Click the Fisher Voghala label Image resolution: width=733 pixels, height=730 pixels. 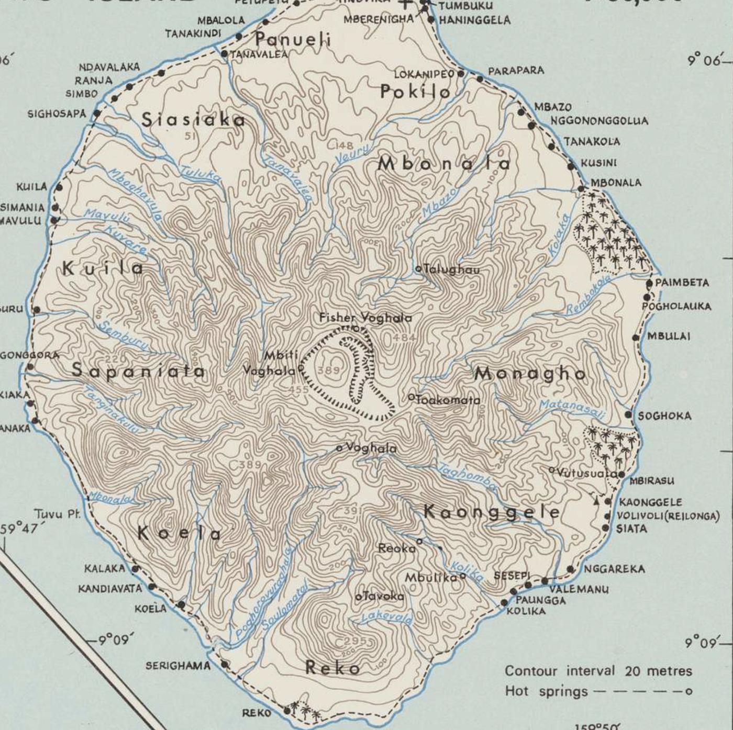pyautogui.click(x=365, y=318)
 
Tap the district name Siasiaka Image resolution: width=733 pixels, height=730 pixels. pyautogui.click(x=194, y=120)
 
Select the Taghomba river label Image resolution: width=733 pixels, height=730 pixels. pyautogui.click(x=467, y=477)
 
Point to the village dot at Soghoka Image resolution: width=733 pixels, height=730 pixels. pyautogui.click(x=629, y=414)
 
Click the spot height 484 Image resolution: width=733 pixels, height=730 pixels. pyautogui.click(x=404, y=338)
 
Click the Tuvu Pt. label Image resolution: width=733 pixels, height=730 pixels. pyautogui.click(x=57, y=514)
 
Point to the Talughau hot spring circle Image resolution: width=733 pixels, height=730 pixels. pyautogui.click(x=419, y=269)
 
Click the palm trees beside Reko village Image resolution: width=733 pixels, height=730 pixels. pyautogui.click(x=304, y=712)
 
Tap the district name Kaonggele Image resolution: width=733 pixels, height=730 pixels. pyautogui.click(x=491, y=512)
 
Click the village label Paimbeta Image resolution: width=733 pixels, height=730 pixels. pyautogui.click(x=682, y=283)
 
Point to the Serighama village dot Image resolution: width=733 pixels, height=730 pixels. pyautogui.click(x=225, y=664)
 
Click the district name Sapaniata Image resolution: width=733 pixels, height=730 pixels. pyautogui.click(x=138, y=371)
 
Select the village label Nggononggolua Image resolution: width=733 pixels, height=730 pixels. pyautogui.click(x=599, y=121)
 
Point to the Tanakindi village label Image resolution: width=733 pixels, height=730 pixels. pyautogui.click(x=193, y=33)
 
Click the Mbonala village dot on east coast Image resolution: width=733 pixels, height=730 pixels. pyautogui.click(x=582, y=189)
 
